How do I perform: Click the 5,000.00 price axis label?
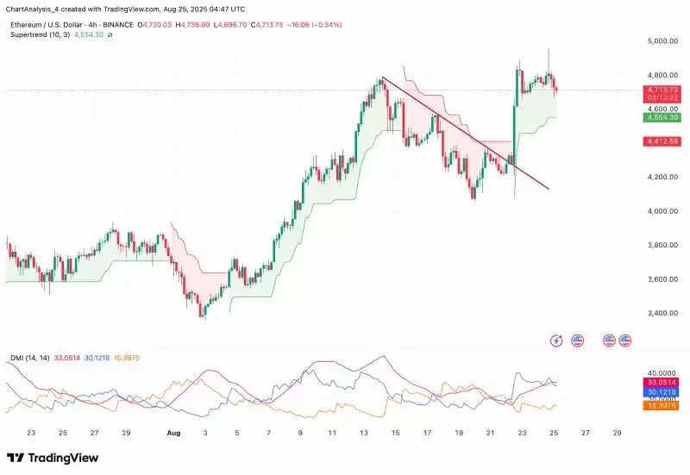[659, 41]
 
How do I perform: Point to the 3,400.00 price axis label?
[659, 314]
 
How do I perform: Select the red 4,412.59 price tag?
[659, 141]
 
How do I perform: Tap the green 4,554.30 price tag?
[659, 116]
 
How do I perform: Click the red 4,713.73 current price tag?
[659, 90]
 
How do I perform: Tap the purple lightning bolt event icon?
[556, 341]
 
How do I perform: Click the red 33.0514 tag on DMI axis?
[660, 381]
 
